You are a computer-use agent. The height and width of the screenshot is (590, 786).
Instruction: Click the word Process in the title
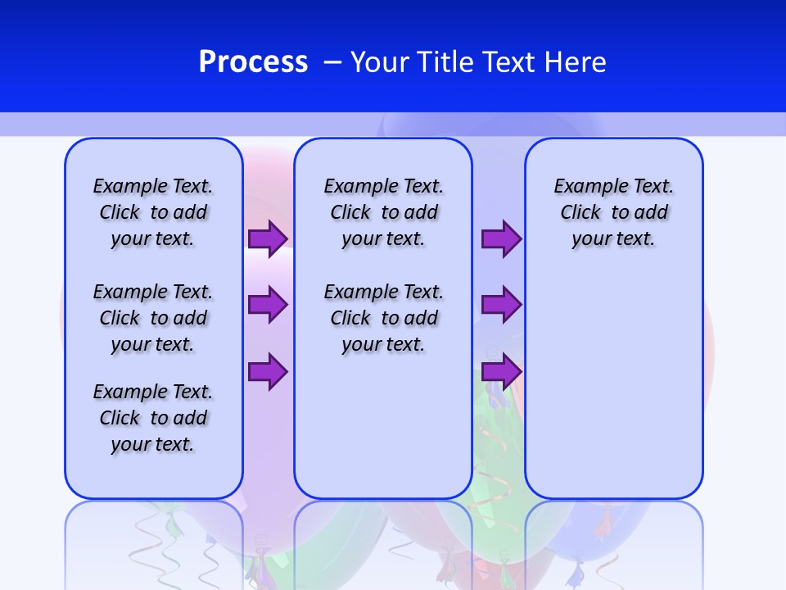pos(253,62)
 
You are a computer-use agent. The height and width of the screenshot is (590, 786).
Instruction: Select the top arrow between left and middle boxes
pos(268,238)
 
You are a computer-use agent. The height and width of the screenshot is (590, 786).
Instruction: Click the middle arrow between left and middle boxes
pos(268,305)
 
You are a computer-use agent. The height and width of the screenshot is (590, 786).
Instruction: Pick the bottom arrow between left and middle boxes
pos(268,371)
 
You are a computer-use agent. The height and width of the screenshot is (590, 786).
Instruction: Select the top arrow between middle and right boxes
pos(501,238)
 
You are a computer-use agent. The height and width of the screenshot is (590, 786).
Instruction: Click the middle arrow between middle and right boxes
pos(501,305)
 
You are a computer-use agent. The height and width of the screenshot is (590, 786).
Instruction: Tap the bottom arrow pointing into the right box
pos(501,371)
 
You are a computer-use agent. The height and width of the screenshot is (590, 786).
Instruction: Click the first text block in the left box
pos(153,212)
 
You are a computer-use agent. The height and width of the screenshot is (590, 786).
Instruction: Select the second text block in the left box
pos(153,318)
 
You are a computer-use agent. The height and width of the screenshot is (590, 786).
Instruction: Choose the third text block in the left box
pos(153,418)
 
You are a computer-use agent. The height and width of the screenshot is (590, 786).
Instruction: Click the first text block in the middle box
pos(383,212)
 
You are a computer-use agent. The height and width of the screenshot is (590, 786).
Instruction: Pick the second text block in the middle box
pos(383,318)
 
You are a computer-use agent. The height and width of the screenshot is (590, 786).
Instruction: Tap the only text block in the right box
pos(613,212)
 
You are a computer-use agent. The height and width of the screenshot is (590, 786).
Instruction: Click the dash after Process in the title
pos(332,62)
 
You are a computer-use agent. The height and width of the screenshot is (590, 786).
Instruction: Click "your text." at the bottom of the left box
pos(152,444)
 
